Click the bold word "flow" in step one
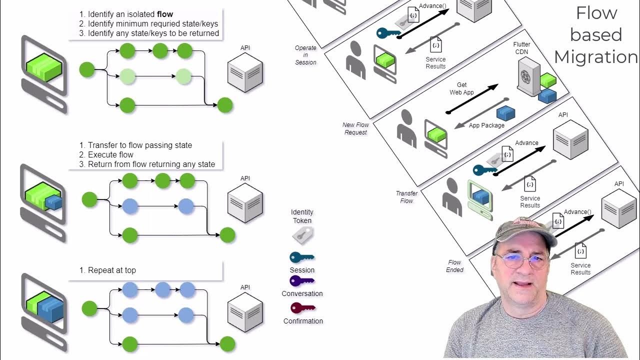(x=164, y=14)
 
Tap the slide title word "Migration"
(x=596, y=57)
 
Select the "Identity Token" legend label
(x=302, y=216)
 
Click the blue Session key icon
(x=302, y=257)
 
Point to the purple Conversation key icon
(x=302, y=281)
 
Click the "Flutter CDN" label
(x=521, y=48)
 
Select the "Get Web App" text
(x=461, y=88)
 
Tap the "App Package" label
(x=486, y=125)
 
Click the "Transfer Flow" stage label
(x=407, y=197)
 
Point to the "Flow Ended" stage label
(x=454, y=266)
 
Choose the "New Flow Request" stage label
(x=355, y=128)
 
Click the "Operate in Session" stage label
(x=305, y=55)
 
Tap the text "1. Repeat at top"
(x=107, y=270)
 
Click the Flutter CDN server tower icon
(x=529, y=75)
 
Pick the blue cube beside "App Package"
(x=505, y=113)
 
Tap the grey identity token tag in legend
(x=302, y=234)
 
